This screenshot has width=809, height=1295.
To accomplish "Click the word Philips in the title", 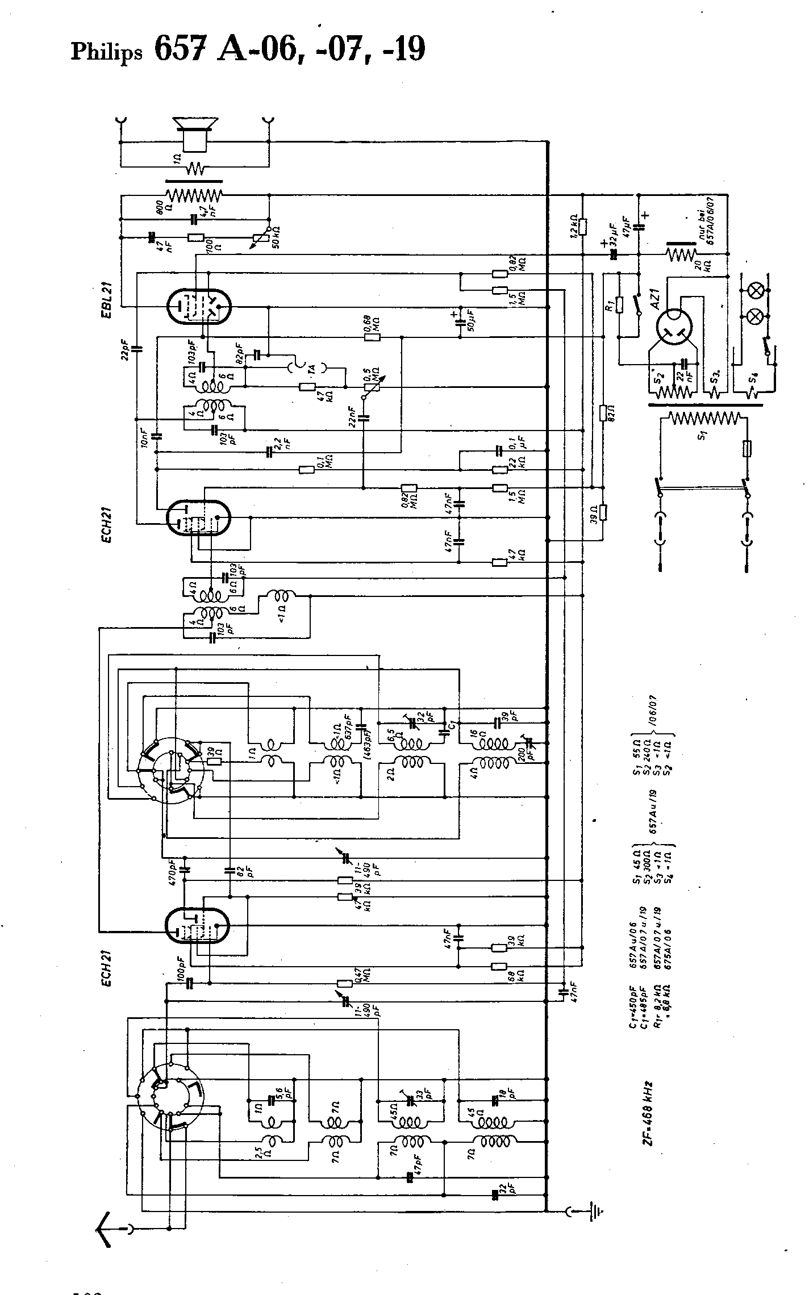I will [x=106, y=53].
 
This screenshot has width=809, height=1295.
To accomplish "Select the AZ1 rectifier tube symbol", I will [x=676, y=328].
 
